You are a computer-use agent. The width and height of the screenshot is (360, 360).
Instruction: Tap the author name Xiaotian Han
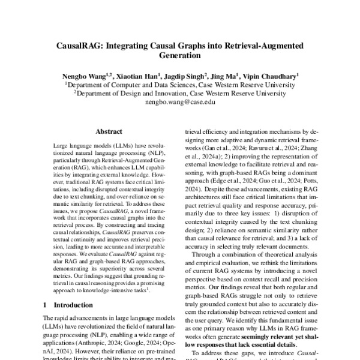point(136,76)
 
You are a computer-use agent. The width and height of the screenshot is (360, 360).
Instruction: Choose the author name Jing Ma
point(224,76)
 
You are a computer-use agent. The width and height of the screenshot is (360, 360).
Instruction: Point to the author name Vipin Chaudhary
point(271,76)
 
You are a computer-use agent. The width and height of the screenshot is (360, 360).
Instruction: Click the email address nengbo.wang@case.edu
point(179,103)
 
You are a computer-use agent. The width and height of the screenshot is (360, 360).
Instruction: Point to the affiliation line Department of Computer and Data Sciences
point(181,85)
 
